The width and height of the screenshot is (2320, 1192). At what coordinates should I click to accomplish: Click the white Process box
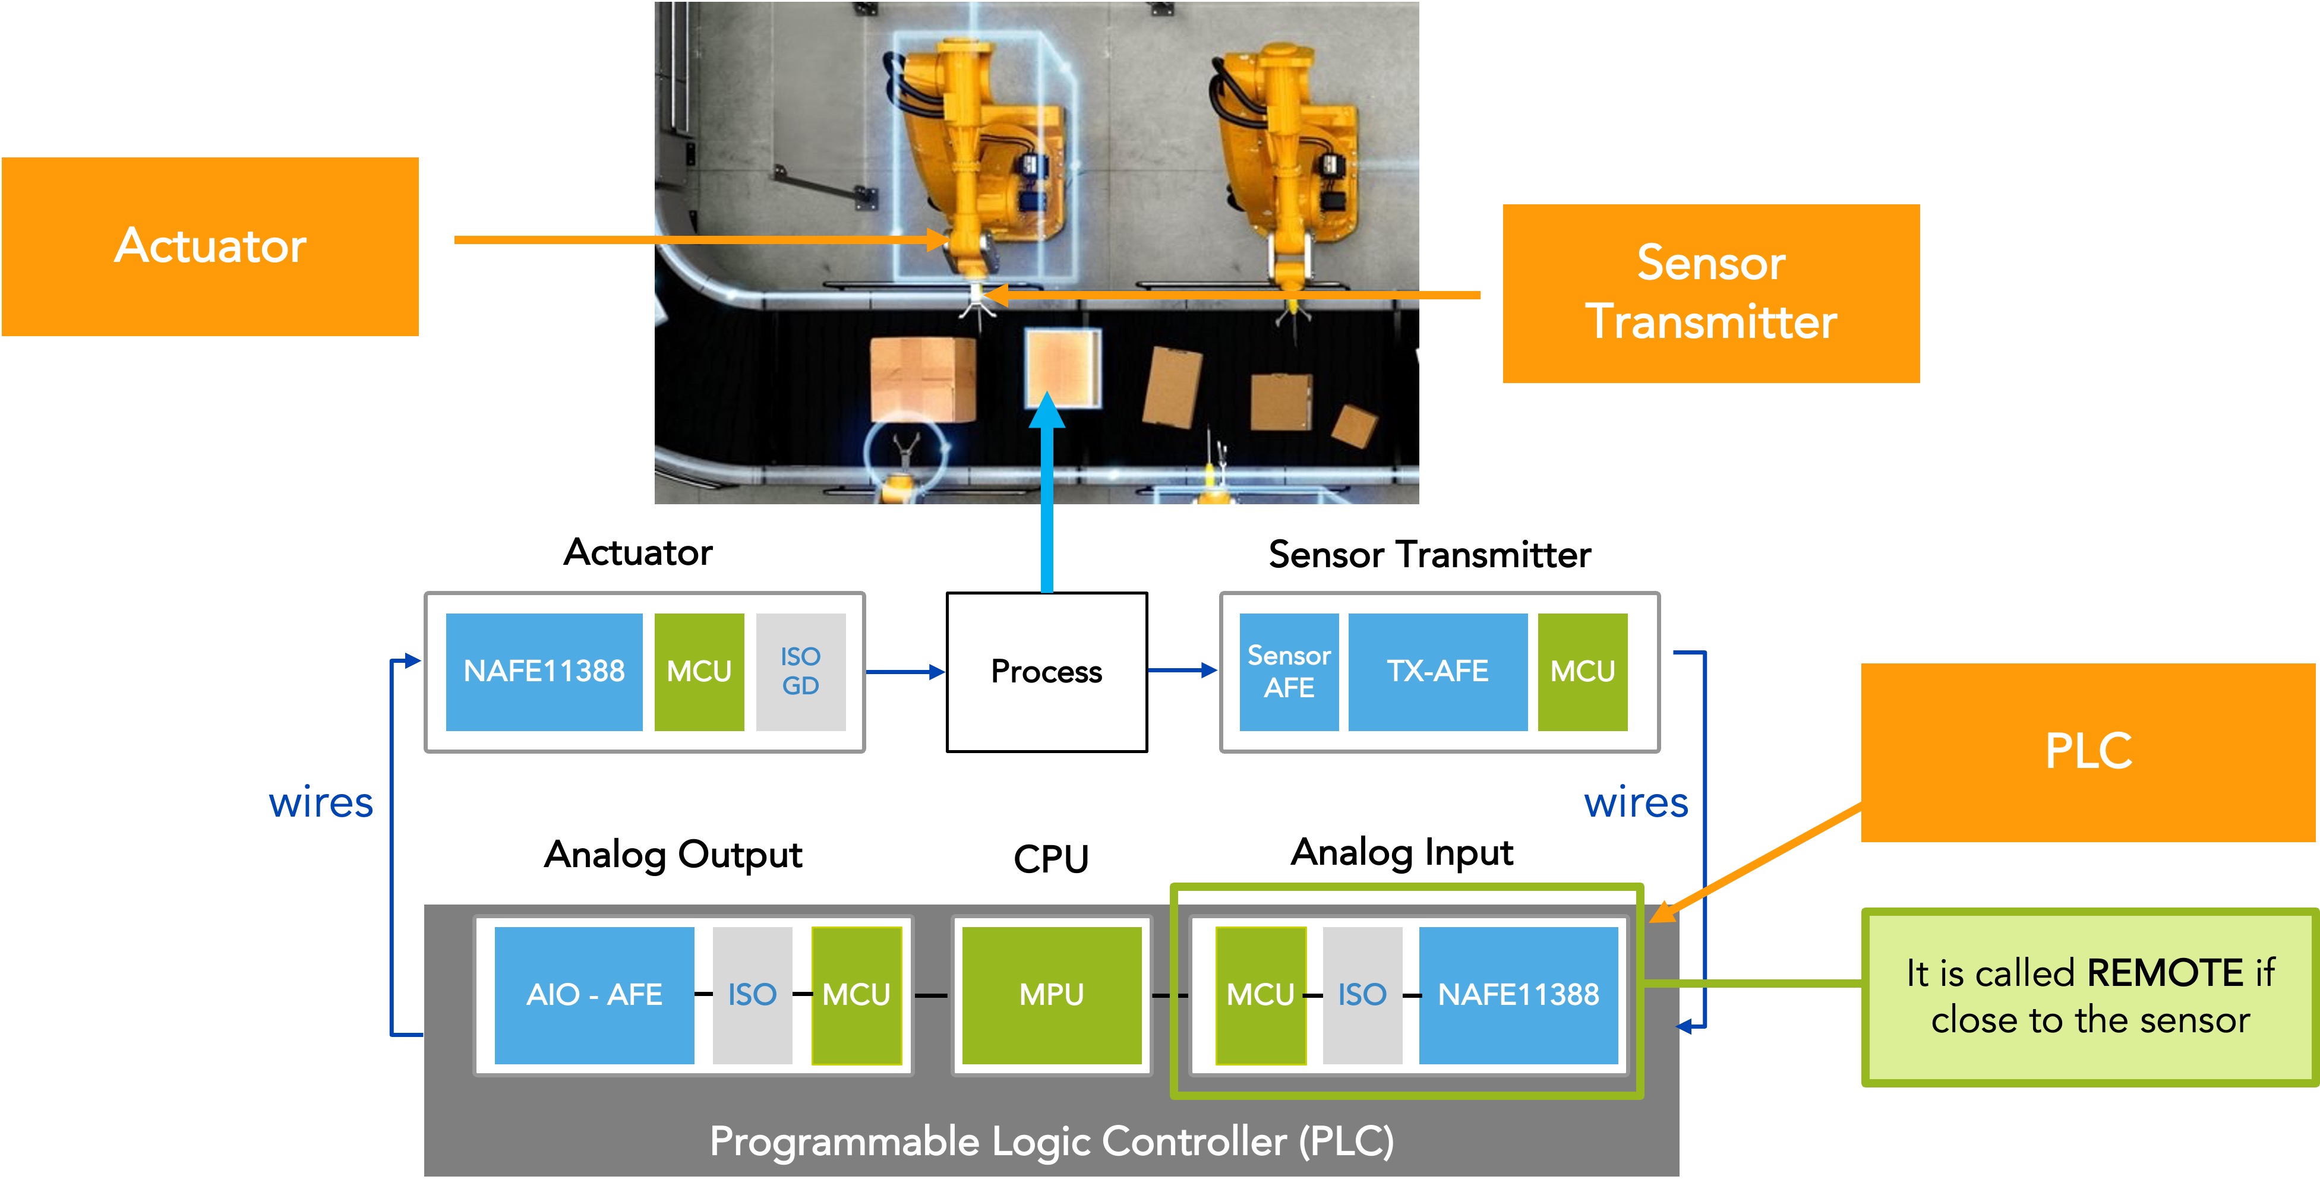(1046, 672)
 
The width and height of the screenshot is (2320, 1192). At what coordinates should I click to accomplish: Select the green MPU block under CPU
(1051, 995)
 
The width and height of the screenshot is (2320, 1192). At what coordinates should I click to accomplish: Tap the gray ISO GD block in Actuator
(800, 672)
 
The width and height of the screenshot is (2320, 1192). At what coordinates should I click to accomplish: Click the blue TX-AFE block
(1437, 672)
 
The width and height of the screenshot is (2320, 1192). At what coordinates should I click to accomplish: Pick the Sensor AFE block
(1288, 672)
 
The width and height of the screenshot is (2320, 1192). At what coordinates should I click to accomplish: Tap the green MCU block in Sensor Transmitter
(1582, 672)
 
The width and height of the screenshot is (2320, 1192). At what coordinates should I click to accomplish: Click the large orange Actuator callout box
(210, 246)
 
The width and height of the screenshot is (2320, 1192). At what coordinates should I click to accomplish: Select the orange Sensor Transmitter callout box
(1710, 293)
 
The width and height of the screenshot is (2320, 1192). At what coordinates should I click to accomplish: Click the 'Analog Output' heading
(673, 855)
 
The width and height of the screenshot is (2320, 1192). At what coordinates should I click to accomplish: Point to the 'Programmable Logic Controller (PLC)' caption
(1051, 1142)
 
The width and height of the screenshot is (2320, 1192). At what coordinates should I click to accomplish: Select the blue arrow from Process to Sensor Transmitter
(1182, 671)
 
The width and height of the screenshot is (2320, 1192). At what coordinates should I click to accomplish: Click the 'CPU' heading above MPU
(1051, 859)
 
